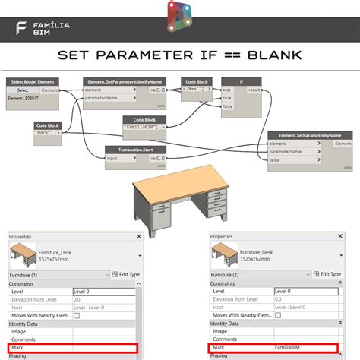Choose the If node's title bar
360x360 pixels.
(242, 81)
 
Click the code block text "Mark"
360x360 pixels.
(45, 132)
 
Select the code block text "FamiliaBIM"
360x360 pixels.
(148, 127)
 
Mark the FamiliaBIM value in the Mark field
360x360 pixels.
(289, 347)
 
